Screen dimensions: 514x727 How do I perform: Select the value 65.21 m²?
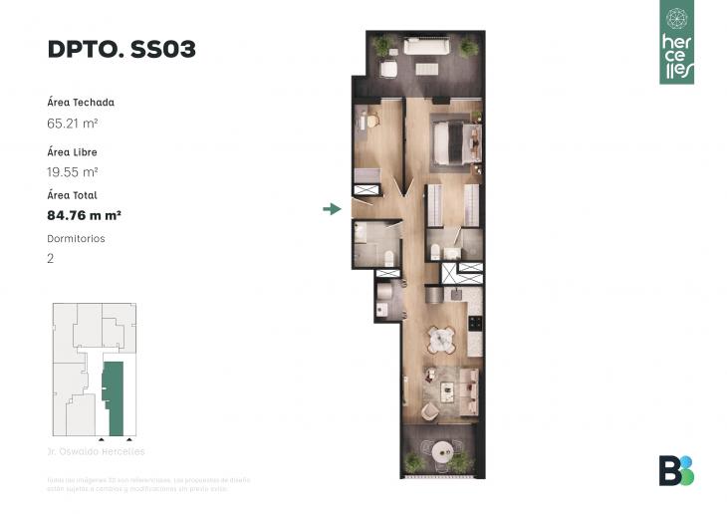(x=71, y=124)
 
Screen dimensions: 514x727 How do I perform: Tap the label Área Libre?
(x=72, y=152)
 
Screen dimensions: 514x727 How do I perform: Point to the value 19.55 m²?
(x=71, y=171)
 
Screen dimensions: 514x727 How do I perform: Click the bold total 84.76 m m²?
(x=84, y=214)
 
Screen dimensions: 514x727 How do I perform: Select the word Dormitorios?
(x=76, y=239)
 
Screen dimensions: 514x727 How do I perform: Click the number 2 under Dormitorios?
(x=51, y=258)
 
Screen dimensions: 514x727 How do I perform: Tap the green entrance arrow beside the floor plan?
(x=332, y=208)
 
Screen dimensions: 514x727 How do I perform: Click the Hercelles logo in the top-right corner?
(x=677, y=42)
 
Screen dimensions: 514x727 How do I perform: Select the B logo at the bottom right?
(x=676, y=470)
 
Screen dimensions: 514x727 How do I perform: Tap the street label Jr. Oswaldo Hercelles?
(x=96, y=451)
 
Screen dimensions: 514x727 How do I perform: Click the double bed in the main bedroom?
(x=456, y=140)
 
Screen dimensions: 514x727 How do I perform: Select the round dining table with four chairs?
(x=441, y=341)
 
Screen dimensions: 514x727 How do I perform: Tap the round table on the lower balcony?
(x=437, y=450)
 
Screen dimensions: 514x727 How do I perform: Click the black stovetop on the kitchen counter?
(x=475, y=324)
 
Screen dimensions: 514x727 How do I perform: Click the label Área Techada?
(x=80, y=103)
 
